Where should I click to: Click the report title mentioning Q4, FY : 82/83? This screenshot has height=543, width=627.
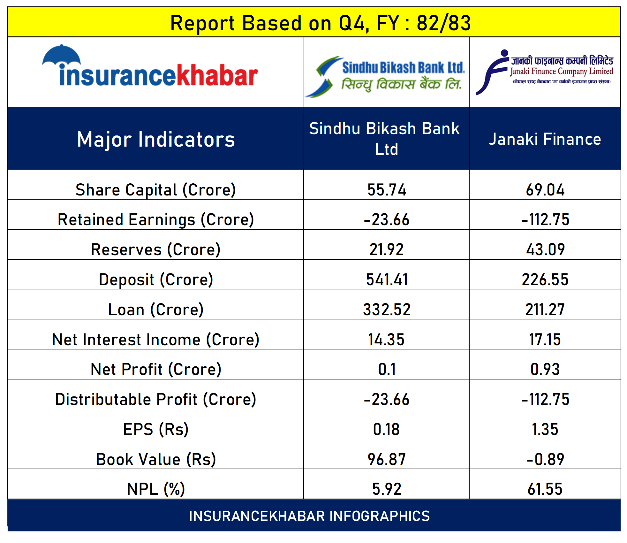click(321, 23)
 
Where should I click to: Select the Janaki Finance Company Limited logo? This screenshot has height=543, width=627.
click(545, 72)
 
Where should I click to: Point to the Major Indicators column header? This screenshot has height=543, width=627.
click(156, 140)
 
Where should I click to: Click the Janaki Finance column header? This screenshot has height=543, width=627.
click(545, 139)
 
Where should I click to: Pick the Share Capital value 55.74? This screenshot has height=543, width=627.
click(387, 190)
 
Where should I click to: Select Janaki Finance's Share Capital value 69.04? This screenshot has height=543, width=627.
click(545, 190)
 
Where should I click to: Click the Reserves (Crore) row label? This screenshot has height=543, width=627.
click(156, 249)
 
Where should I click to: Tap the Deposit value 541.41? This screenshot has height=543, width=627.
click(387, 279)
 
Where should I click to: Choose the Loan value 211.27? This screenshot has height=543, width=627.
click(545, 310)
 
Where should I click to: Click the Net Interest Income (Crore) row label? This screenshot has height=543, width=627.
click(156, 340)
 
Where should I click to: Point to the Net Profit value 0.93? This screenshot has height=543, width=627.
click(545, 369)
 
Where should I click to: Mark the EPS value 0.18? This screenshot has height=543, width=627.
click(386, 429)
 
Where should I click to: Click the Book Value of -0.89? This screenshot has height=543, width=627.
click(545, 459)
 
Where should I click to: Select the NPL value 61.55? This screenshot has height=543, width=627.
click(545, 489)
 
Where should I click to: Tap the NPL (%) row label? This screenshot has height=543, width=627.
click(156, 489)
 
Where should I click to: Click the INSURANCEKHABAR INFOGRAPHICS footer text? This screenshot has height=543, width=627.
click(309, 516)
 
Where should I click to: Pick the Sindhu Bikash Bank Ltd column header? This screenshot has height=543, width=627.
click(385, 139)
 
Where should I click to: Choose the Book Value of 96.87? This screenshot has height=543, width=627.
click(387, 459)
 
